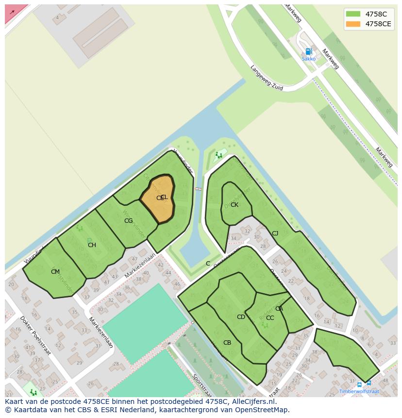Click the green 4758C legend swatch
[353, 14]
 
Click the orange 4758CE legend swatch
[353, 24]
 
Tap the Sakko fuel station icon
[308, 51]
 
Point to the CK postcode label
[234, 205]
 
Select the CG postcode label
[128, 221]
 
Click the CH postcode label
[92, 245]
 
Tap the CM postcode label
[55, 272]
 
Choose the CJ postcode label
[275, 234]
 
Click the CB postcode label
[227, 343]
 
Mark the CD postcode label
[241, 317]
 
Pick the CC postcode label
[270, 318]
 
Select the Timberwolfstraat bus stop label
[359, 391]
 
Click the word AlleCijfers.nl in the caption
[252, 401]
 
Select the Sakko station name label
[308, 59]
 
